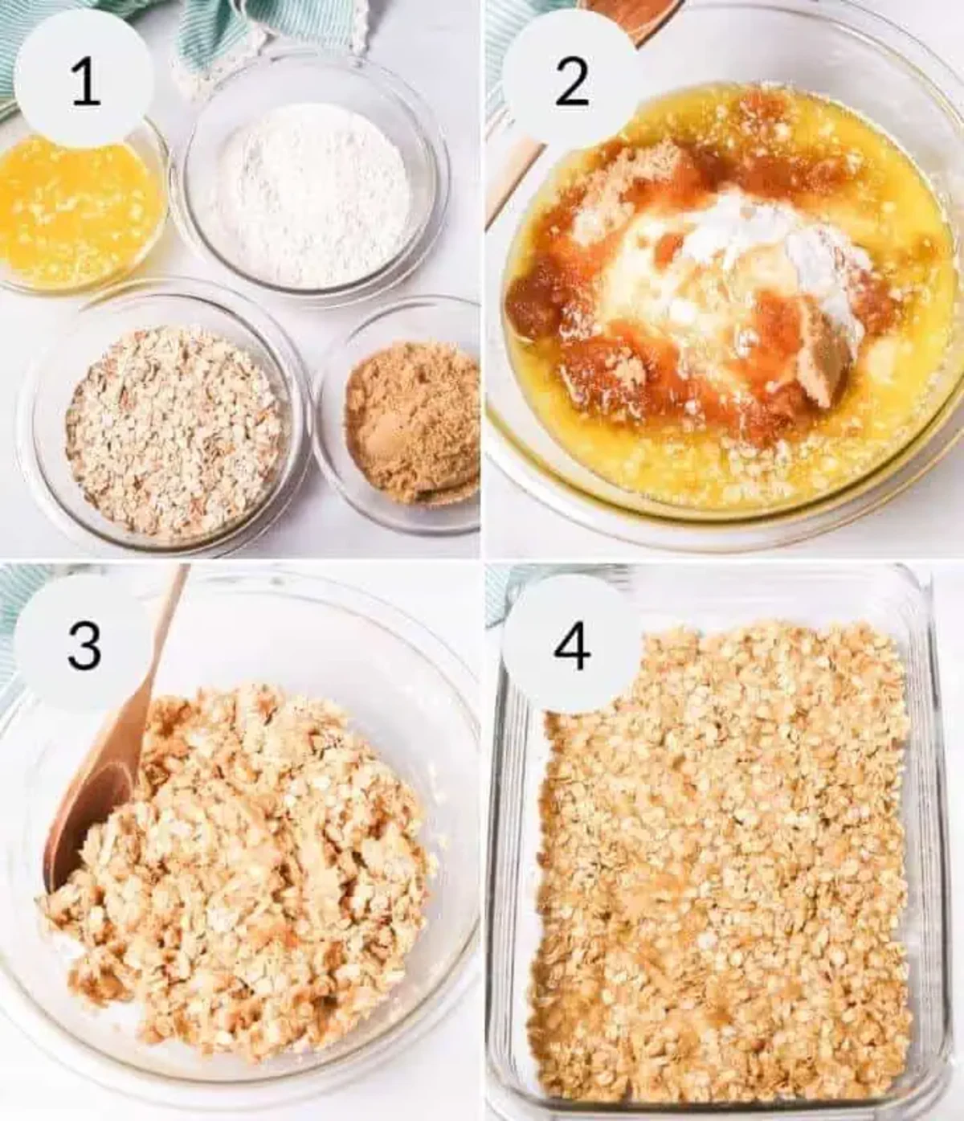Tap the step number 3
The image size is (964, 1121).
[x=84, y=646]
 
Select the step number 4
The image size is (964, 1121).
[x=571, y=646]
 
